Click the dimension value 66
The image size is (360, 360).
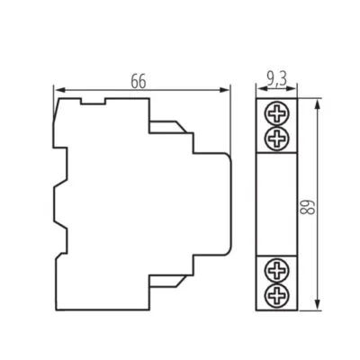coord(138,81)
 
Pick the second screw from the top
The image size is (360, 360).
coord(278,137)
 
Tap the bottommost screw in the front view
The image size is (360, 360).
coord(278,293)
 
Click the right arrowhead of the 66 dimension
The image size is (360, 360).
coord(228,89)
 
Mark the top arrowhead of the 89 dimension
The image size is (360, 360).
coord(318,104)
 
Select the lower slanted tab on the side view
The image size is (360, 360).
coord(172,278)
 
